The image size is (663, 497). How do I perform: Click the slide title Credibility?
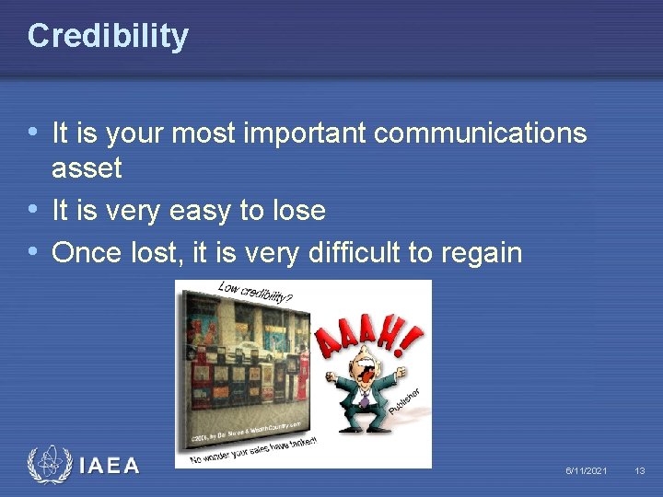[x=108, y=36]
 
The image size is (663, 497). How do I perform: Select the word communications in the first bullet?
[x=481, y=133]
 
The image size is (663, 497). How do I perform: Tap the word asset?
[x=87, y=168]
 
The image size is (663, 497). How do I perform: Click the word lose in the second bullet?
[x=297, y=211]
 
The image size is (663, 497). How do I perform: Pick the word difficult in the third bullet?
[x=356, y=252]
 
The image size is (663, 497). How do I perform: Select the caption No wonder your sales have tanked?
[x=253, y=450]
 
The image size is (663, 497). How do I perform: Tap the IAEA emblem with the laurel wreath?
[x=49, y=466]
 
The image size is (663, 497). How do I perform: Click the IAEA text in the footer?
[x=110, y=467]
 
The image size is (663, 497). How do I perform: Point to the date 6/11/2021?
[x=586, y=471]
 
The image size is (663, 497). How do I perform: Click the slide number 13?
[x=640, y=471]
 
